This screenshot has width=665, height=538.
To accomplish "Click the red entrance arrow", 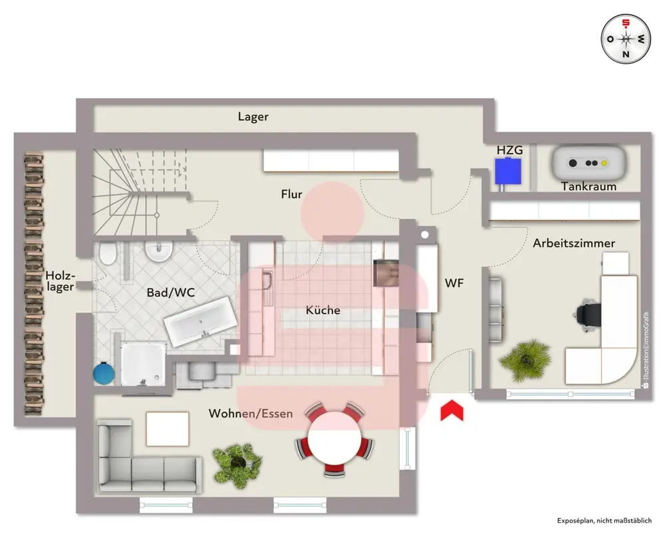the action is click(x=452, y=410).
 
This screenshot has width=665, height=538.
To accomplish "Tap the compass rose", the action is click(x=626, y=39).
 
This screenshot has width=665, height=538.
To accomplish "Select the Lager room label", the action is click(x=253, y=117).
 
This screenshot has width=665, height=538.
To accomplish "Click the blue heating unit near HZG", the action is click(x=508, y=172).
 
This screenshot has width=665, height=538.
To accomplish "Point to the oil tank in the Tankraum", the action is click(x=588, y=162).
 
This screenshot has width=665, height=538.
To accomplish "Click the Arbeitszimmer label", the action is click(x=574, y=243).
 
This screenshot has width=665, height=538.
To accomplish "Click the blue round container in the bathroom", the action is click(x=104, y=372).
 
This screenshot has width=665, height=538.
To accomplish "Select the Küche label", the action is click(x=323, y=311).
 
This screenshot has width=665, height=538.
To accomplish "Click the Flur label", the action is click(x=291, y=195).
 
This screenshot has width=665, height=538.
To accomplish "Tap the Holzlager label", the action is click(x=61, y=281).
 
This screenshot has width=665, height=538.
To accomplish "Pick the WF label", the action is click(x=454, y=283).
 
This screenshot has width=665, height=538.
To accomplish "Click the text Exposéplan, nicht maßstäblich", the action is click(x=604, y=521).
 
